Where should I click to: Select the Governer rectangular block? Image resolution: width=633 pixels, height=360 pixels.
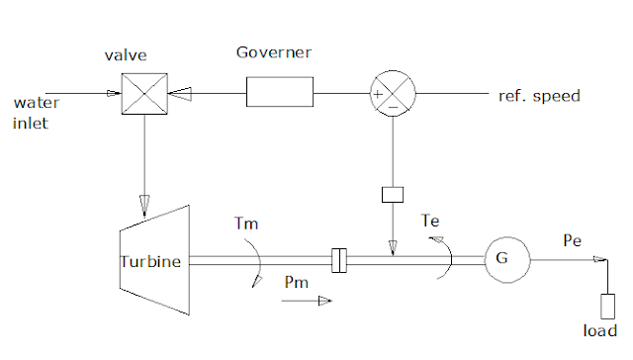pos(280,95)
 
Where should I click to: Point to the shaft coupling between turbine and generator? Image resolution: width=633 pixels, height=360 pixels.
pos(339,261)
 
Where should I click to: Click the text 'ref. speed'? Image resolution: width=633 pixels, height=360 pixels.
pos(538,97)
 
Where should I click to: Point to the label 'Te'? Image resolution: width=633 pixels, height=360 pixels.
pos(431,220)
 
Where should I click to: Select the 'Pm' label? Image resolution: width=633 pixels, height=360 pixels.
pos(296,284)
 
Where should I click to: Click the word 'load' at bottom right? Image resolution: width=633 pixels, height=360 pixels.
pos(599,331)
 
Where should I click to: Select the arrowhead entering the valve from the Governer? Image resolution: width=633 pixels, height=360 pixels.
pos(179,95)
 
